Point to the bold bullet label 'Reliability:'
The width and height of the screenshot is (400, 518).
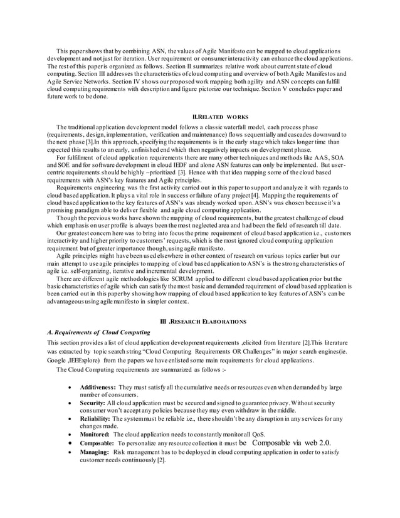(95, 419)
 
